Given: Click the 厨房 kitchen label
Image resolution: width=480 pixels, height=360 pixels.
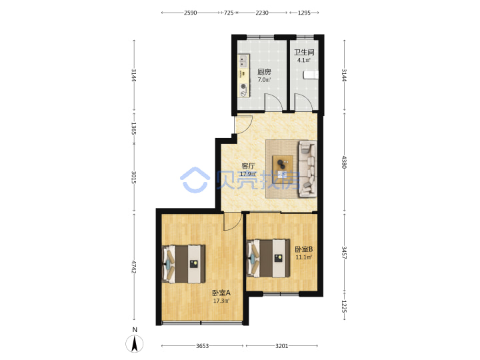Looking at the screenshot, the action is coord(264,72).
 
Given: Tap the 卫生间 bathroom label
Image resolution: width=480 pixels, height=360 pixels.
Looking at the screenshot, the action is coord(304,53).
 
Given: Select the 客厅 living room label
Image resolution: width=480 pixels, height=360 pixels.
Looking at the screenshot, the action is coord(248,166).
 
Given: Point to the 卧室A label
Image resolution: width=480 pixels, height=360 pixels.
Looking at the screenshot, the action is coord(221,293).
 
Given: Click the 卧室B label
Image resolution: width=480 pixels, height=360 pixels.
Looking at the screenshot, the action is coord(304,249).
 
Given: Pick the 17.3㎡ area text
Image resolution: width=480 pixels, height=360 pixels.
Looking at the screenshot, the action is coord(221,301).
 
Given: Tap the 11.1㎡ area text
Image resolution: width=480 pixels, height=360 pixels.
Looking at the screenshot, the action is coord(304,257).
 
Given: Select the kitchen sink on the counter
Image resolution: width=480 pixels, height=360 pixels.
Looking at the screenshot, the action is coord(243,61).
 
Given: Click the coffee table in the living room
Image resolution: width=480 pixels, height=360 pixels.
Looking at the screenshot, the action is coord(283,165).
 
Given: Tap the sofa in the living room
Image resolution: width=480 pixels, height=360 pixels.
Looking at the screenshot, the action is coord(307,169).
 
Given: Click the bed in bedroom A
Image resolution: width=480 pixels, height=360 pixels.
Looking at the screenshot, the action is coord(183,264).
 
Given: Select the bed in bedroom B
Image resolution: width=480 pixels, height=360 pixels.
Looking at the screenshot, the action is coord(268,259).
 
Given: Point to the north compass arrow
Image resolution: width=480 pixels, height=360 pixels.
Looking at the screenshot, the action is coord(135,343).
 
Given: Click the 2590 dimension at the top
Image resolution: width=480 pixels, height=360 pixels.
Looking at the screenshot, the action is coord(191,13).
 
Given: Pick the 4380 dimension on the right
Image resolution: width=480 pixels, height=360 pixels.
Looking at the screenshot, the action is coord(345,162).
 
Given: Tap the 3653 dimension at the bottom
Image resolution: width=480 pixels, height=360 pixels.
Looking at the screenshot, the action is coord(203,346).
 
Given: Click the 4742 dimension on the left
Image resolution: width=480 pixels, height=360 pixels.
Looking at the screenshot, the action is coord(134,267).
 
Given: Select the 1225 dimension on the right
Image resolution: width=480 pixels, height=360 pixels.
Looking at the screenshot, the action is coord(345,307).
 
